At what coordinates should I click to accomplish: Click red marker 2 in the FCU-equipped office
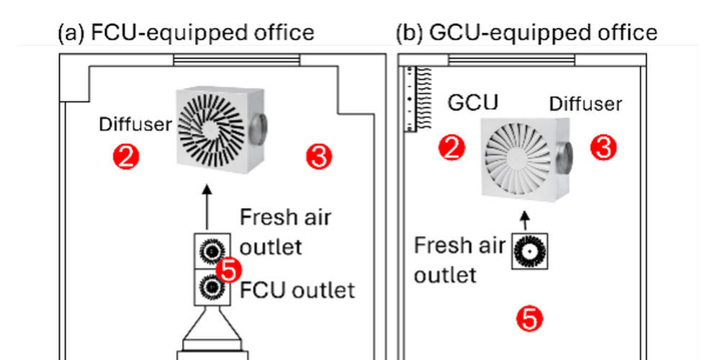[126, 156]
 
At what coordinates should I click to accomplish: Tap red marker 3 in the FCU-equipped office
[319, 156]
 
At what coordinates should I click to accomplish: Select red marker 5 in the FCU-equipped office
[229, 271]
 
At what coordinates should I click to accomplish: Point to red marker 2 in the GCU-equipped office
[452, 148]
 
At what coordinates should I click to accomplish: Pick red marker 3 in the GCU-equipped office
[603, 148]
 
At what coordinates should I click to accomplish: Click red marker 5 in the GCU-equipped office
[529, 319]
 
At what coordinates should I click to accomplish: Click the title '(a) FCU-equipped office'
[186, 33]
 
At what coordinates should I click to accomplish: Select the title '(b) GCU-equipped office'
[527, 33]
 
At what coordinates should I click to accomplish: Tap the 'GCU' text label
[473, 103]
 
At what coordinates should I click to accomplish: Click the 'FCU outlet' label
[297, 290]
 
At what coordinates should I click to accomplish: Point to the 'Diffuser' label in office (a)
[135, 124]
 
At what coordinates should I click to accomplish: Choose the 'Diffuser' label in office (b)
[585, 104]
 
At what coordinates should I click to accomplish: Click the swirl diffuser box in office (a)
[221, 131]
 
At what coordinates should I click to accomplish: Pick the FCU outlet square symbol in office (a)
[212, 287]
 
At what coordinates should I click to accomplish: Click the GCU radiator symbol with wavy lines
[418, 99]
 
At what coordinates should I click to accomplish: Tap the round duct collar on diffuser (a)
[259, 130]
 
